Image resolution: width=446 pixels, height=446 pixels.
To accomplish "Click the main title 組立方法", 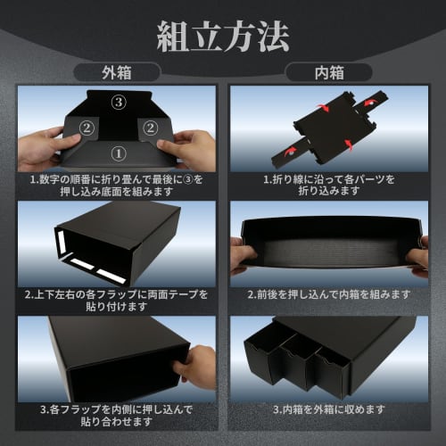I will point(222,37).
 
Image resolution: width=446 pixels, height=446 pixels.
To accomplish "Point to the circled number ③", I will point(118,103).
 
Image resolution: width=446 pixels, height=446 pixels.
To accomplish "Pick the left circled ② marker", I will point(86,128).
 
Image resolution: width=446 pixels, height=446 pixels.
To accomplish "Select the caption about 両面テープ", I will point(117,300).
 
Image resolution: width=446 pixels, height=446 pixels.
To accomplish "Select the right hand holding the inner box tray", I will point(417,254).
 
